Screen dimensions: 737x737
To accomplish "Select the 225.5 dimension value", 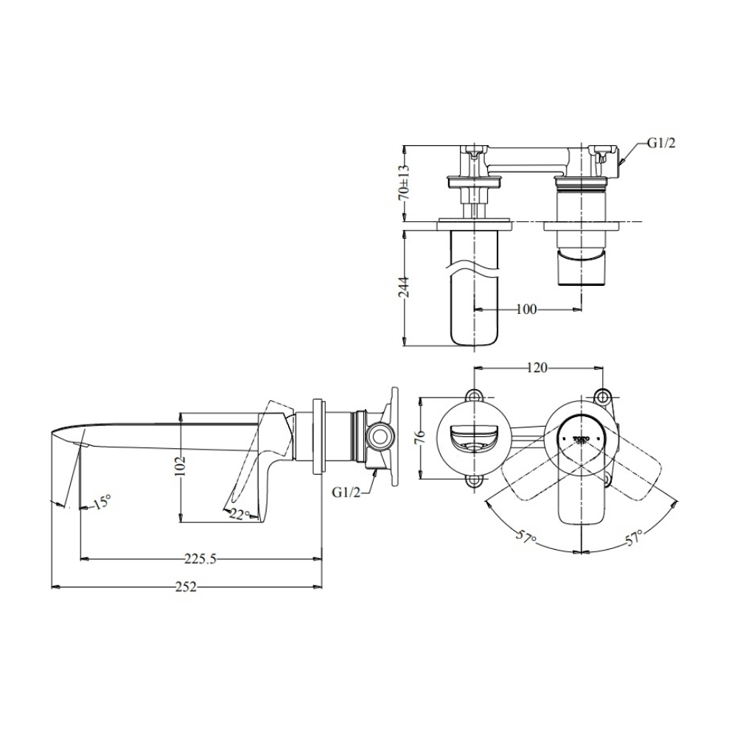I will coord(200,559).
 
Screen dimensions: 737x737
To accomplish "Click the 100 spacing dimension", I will coord(525,309).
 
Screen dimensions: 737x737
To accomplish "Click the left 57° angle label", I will coord(525,539).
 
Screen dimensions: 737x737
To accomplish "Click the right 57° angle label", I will coord(634,537).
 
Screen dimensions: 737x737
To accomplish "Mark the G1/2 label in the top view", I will coord(660,144).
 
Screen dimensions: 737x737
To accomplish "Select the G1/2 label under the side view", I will coord(346,492).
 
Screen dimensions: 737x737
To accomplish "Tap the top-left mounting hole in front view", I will coord(475,396).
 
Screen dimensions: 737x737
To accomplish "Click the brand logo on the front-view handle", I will coord(582,439).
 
